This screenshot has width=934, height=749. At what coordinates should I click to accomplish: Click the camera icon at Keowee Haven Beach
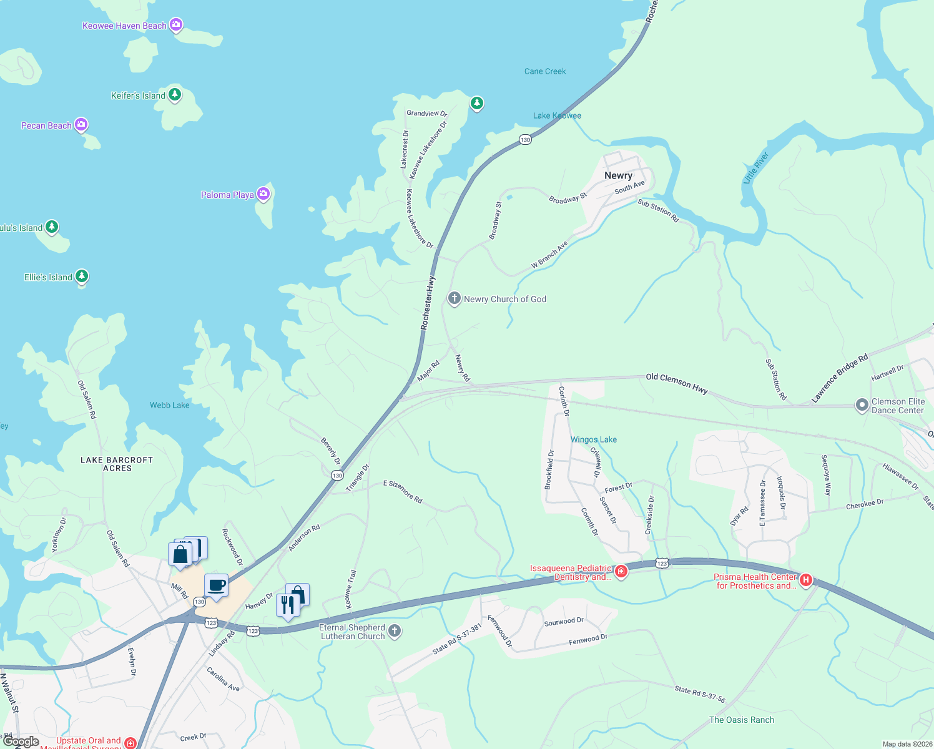[x=176, y=25]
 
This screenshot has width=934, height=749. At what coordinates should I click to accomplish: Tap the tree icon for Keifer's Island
[x=175, y=94]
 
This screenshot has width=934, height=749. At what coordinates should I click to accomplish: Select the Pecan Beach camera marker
[x=81, y=125]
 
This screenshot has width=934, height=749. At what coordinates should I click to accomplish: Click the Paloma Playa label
[x=227, y=195]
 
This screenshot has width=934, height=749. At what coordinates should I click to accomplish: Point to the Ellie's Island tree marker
[x=82, y=276]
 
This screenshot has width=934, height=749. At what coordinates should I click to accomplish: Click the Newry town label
[x=618, y=175]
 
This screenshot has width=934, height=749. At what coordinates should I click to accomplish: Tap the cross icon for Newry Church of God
[x=455, y=298]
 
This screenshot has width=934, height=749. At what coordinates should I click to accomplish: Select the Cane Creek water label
[x=545, y=71]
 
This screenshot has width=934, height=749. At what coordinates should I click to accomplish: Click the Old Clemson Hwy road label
[x=677, y=383]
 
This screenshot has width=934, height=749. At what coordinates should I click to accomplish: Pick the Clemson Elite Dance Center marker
[x=862, y=406]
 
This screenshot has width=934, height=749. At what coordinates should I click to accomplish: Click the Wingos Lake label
[x=594, y=439]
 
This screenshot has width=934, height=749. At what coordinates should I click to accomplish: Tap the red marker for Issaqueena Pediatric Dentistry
[x=621, y=571]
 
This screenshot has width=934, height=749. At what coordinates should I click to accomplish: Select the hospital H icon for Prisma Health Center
[x=806, y=580]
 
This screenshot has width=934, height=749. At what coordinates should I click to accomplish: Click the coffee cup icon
[x=216, y=585]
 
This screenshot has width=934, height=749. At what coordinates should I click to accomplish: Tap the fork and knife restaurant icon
[x=287, y=605]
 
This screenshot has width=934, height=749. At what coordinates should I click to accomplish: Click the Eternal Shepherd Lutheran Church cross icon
[x=395, y=630]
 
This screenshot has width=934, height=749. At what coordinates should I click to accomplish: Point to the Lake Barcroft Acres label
[x=117, y=464]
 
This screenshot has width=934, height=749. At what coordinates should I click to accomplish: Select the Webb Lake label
[x=169, y=405]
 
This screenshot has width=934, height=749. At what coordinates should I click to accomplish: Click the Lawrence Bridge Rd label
[x=839, y=378]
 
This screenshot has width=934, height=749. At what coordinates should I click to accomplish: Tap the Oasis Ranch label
[x=742, y=720]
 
